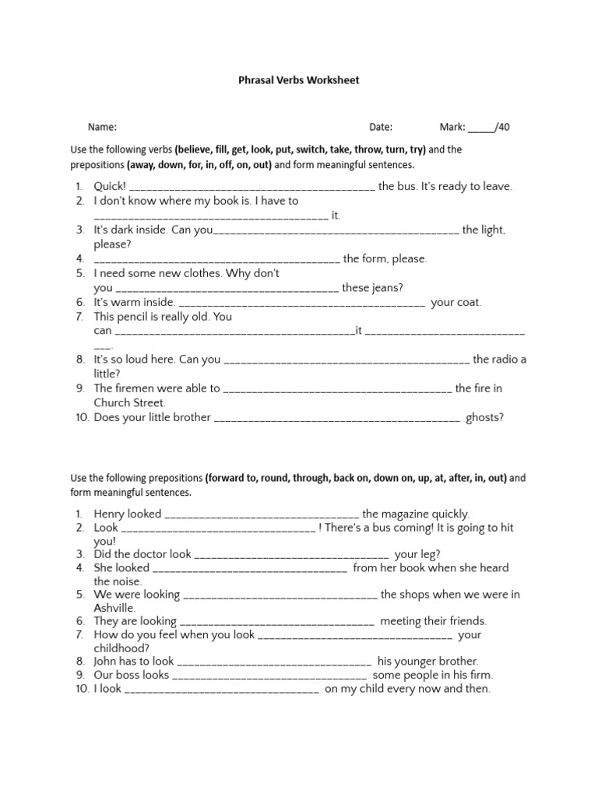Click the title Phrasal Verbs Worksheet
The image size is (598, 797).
(x=298, y=80)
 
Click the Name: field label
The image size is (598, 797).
(x=102, y=127)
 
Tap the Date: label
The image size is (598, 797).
(x=381, y=127)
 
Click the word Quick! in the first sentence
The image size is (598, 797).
(x=110, y=187)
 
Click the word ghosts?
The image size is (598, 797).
(x=484, y=417)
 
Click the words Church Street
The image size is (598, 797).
(x=129, y=403)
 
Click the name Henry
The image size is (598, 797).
(x=109, y=514)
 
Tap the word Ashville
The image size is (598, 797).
(x=114, y=608)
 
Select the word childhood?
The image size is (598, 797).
(x=121, y=648)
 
